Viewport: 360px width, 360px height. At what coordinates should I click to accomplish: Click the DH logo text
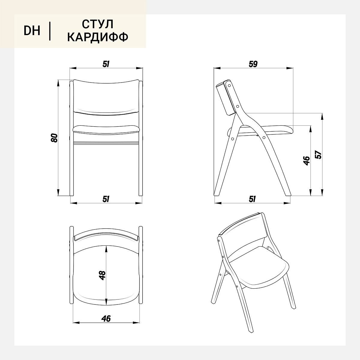pyautogui.click(x=32, y=31)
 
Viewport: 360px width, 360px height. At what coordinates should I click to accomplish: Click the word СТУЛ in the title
pyautogui.click(x=97, y=24)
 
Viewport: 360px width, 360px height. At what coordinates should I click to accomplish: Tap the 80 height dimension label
pyautogui.click(x=54, y=138)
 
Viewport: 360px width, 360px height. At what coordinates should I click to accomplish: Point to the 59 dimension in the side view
pyautogui.click(x=253, y=64)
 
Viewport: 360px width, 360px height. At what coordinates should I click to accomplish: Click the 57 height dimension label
pyautogui.click(x=318, y=154)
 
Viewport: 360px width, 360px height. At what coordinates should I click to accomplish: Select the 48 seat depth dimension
pyautogui.click(x=102, y=276)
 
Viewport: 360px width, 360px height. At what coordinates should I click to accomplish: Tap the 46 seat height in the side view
pyautogui.click(x=306, y=161)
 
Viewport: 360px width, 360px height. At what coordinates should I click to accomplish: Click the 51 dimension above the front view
pyautogui.click(x=106, y=64)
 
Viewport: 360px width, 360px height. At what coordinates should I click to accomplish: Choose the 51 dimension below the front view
pyautogui.click(x=106, y=199)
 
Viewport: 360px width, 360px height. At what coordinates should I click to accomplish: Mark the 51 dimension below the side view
pyautogui.click(x=252, y=199)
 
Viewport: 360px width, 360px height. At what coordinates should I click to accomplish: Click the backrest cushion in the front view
pyautogui.click(x=106, y=97)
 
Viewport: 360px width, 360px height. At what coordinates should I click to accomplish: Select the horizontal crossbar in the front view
pyautogui.click(x=106, y=143)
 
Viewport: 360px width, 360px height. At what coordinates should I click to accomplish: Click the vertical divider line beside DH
pyautogui.click(x=50, y=31)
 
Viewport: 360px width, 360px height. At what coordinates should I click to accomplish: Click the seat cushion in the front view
pyautogui.click(x=106, y=129)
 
